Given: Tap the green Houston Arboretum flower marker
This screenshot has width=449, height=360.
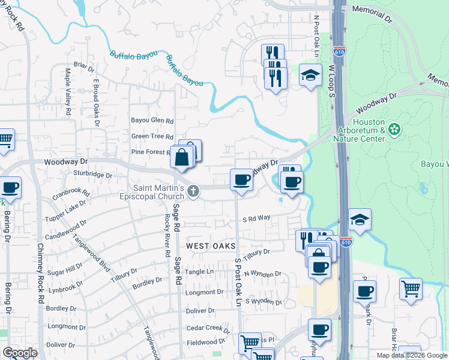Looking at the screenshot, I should pyautogui.click(x=394, y=129).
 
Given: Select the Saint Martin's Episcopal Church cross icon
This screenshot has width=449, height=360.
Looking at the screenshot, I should pyautogui.click(x=193, y=191).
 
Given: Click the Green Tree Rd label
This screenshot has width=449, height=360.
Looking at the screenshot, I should pyautogui.click(x=152, y=137).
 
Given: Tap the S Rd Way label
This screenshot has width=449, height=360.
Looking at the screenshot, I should pyautogui.click(x=256, y=220).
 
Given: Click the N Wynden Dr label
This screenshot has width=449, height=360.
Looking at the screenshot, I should pyautogui.click(x=263, y=274).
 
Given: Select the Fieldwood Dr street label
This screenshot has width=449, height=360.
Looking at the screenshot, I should pyautogui.click(x=205, y=342).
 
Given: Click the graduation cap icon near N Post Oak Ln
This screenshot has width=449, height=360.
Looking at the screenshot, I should pyautogui.click(x=310, y=76).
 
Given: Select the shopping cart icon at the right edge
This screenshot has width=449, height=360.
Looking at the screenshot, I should pyautogui.click(x=411, y=289).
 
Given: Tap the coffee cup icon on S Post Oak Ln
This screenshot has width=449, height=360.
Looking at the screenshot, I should pyautogui.click(x=241, y=180).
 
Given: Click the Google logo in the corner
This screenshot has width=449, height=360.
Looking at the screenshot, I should pyautogui.click(x=20, y=353).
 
